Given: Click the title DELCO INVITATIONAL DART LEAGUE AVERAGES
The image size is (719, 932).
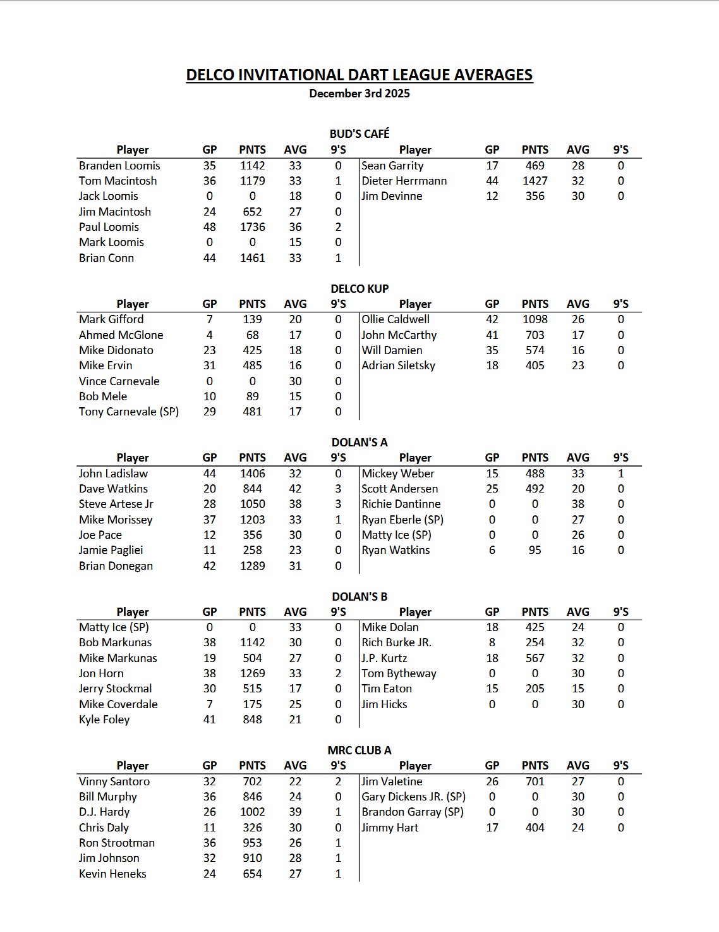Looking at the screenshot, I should (359, 75).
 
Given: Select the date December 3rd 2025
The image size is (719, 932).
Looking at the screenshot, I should (359, 94).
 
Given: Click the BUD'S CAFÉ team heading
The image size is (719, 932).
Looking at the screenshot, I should (359, 133).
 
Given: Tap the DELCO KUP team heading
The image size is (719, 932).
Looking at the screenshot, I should (359, 288).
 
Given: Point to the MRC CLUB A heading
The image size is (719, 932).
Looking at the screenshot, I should (359, 751).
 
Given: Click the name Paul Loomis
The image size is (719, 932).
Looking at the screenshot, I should (109, 227).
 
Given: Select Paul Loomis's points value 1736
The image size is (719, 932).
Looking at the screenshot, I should (252, 227).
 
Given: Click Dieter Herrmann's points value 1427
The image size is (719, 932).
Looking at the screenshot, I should (535, 181).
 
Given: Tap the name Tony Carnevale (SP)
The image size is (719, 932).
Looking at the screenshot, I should (128, 412).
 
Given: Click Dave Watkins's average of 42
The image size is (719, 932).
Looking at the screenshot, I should (295, 489).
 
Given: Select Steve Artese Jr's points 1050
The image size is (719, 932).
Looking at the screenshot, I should (252, 504).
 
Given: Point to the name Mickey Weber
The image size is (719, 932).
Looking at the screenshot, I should (397, 474).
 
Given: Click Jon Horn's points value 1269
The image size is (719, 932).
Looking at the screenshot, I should (252, 673).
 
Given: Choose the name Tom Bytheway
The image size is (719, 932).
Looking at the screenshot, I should (399, 673).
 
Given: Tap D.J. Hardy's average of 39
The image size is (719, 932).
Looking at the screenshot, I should (295, 812).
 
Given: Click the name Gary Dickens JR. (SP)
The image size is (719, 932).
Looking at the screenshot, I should (413, 797).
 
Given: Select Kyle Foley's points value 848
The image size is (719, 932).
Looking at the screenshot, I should (252, 720).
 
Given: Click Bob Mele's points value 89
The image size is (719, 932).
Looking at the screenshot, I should (252, 396).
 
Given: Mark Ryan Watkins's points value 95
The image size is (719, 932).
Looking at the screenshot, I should (535, 550).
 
